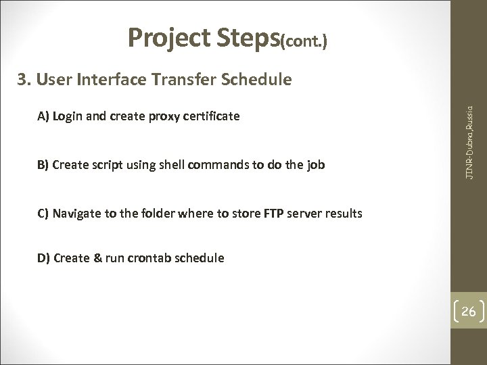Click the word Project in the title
click(170, 40)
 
